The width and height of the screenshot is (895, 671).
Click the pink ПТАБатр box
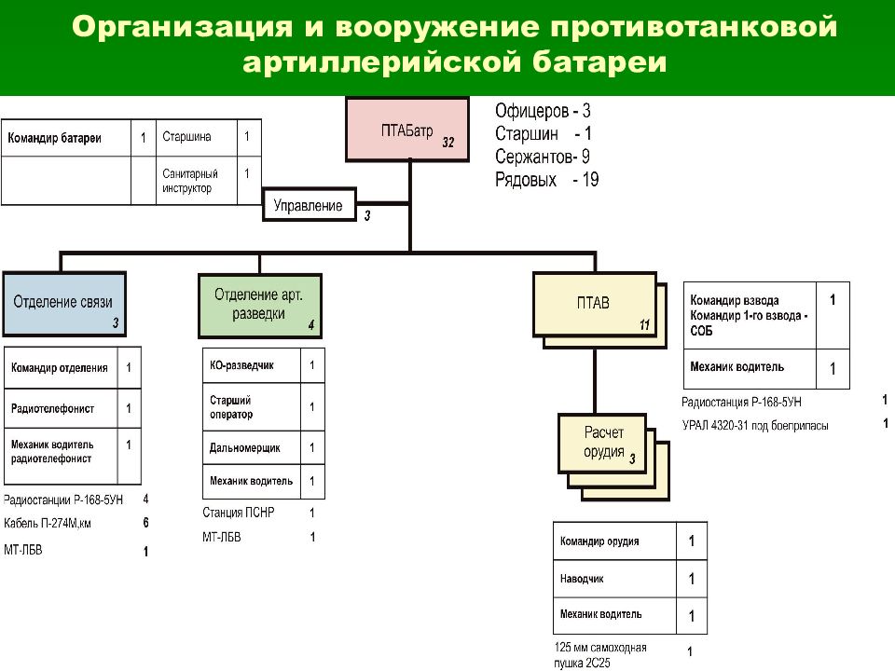pos(407,130)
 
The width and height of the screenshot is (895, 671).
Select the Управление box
pos(310,205)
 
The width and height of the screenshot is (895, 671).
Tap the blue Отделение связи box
pos(64,304)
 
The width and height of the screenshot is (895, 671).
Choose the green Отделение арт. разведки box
pos(260,306)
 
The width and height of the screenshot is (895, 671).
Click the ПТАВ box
pos(594,304)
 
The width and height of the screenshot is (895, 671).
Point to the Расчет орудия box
pos(602,443)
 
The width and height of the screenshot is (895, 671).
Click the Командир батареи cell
pos(66,138)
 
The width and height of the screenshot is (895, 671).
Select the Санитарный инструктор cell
pos(197,180)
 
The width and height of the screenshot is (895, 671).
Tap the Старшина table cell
pos(197,138)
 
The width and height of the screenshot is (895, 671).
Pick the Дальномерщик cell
pos(252,448)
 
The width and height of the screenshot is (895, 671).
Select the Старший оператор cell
pos(252,407)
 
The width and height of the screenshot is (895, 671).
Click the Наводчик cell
pos(614,579)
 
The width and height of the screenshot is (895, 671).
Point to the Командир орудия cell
pos(614,541)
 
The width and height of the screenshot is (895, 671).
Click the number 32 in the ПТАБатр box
pos(448,143)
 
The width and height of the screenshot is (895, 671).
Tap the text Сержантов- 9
pos(543,157)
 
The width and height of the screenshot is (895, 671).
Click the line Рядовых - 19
pos(547,180)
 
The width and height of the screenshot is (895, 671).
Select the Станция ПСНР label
pos(238,513)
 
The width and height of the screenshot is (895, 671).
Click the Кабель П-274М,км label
pos(48,523)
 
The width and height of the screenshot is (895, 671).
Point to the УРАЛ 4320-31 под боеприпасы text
pos(755,426)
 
